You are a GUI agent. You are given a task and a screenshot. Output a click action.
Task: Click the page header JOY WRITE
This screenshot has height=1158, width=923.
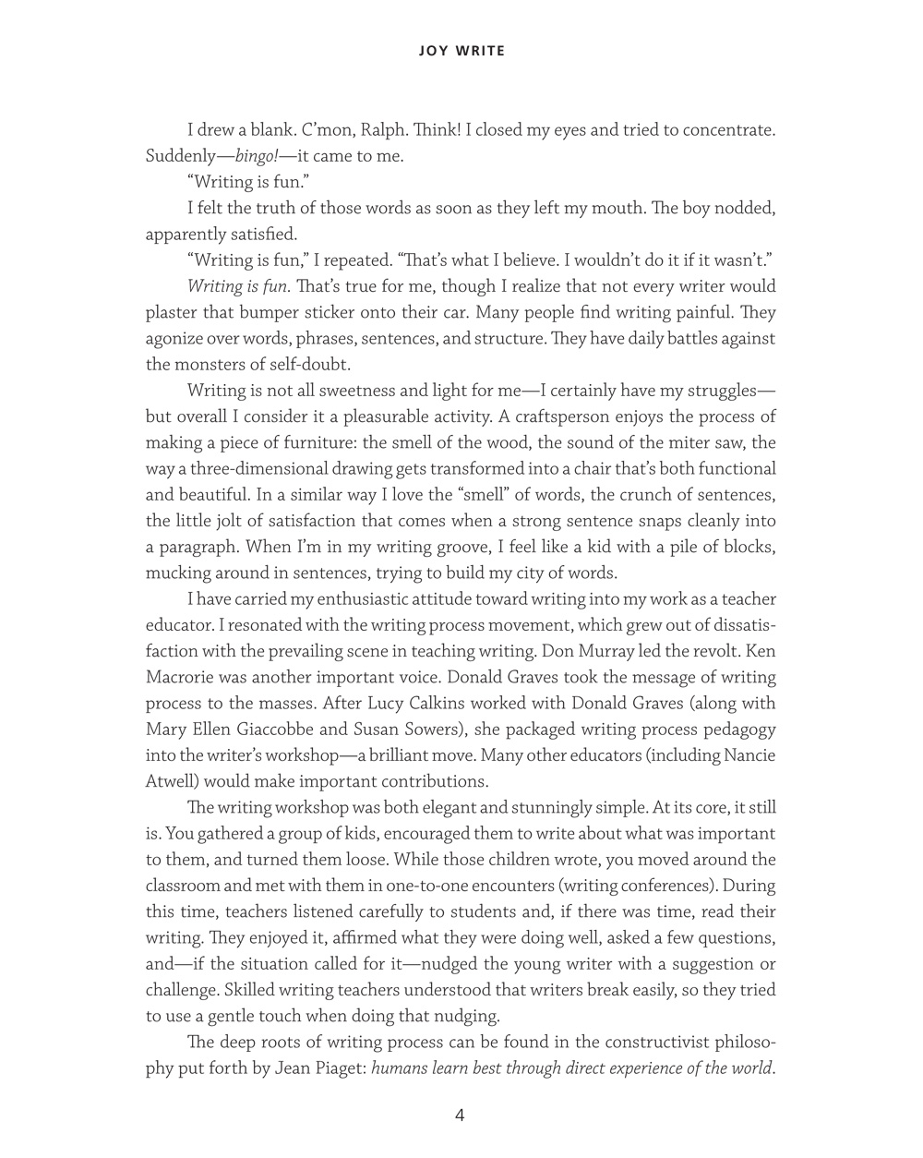pos(461,51)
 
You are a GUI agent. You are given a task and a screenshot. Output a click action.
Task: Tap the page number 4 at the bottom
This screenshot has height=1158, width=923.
pos(460,1115)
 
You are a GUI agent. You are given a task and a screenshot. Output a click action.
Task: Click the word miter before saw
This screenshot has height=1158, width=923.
pos(677,442)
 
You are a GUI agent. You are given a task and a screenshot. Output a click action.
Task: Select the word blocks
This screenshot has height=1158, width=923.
pos(747,547)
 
